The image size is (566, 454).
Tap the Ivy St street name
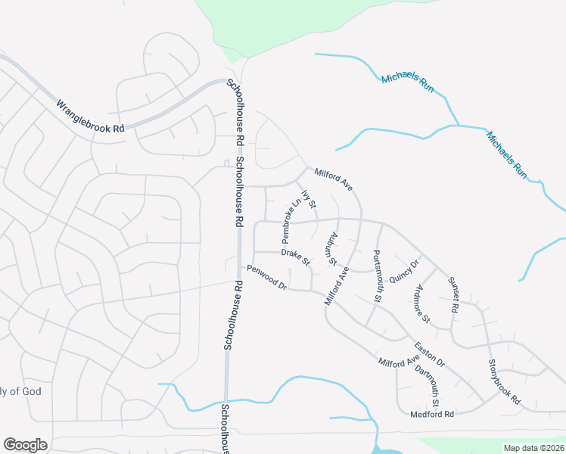coord(309,199)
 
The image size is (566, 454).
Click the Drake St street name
coord(296,257)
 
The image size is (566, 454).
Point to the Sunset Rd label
coord(454,295)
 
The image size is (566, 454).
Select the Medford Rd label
coord(431,415)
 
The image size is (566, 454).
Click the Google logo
coord(25,445)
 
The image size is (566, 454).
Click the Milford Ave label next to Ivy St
coord(334,179)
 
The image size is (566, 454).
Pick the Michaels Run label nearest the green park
coord(408,83)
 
